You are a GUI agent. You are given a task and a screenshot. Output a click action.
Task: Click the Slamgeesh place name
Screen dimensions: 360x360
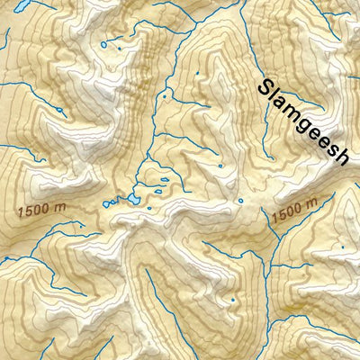pos(303,122)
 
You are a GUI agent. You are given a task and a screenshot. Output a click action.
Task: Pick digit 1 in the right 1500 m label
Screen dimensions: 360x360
pos(274,219)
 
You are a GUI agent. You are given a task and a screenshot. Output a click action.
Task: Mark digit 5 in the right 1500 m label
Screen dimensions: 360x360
pos(281,216)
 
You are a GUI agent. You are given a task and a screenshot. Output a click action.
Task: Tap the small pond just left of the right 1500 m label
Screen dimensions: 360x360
pos(240,201)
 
